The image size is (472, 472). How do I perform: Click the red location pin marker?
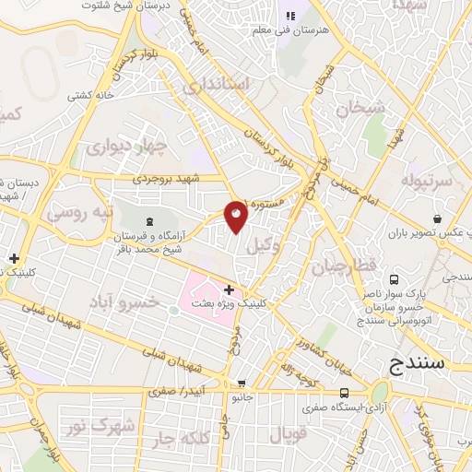pos(237,217)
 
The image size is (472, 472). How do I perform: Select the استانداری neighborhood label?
pos(216,86)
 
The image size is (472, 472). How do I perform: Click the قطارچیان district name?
pos(333,267)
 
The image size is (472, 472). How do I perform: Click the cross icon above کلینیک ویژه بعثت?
pos(229,289)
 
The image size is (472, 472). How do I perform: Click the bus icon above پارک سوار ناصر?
pos(394,279)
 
